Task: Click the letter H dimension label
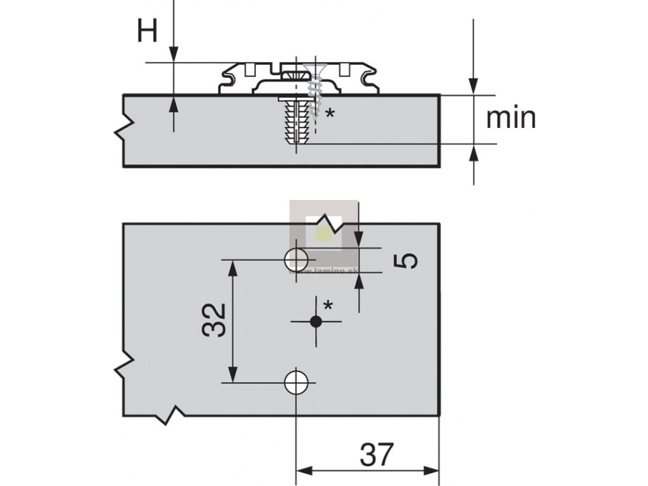click(147, 30)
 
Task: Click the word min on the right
click(511, 117)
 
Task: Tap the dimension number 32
click(215, 320)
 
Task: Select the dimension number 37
click(377, 454)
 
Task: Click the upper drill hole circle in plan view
click(296, 259)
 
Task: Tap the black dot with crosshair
click(316, 321)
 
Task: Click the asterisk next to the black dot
click(328, 306)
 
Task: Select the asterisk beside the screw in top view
click(329, 114)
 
